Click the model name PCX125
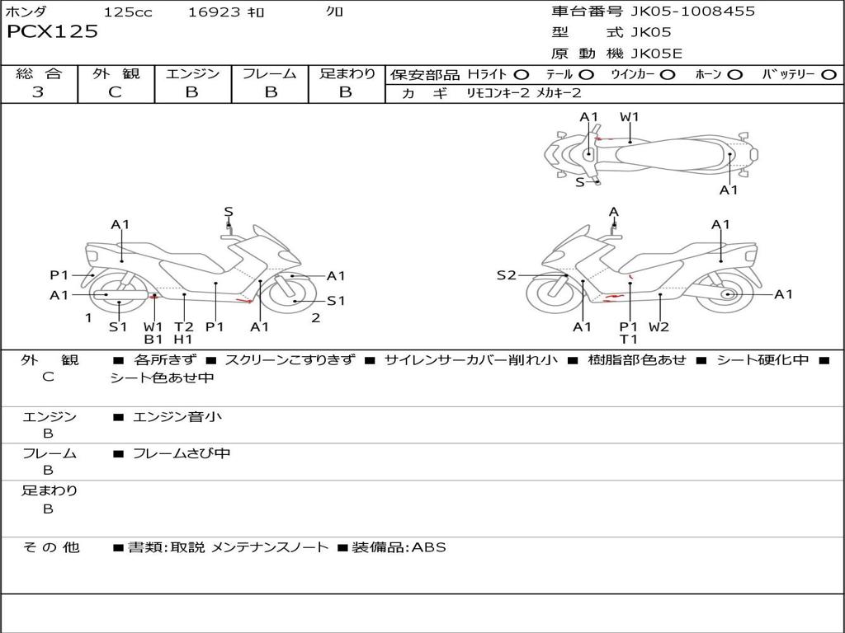(52, 32)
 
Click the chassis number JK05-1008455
(692, 12)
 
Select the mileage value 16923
(214, 12)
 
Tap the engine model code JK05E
(656, 54)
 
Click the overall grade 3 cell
(38, 92)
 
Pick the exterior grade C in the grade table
(115, 92)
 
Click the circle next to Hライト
(521, 75)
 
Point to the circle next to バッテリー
(828, 75)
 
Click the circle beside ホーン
(734, 75)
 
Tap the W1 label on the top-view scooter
(629, 117)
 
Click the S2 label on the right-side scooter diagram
(506, 275)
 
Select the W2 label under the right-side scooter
(659, 326)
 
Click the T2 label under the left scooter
(184, 326)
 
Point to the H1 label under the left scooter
(183, 340)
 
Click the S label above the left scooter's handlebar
(229, 212)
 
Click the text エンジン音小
(177, 417)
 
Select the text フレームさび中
(182, 454)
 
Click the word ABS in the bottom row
(429, 547)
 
